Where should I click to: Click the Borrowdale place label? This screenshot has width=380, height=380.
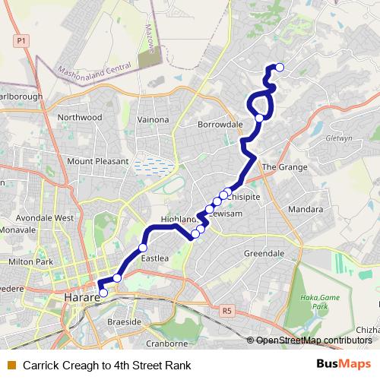coord(220,124)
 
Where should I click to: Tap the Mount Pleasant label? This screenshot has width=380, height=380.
coord(93,161)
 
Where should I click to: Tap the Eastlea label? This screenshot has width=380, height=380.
coord(154,258)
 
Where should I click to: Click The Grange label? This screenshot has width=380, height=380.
coord(284,167)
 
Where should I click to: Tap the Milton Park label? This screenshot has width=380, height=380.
coord(30,261)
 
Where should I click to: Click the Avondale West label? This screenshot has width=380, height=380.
coord(48,217)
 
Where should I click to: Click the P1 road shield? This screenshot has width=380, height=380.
coord(21,40)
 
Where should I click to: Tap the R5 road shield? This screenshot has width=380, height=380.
coord(226,310)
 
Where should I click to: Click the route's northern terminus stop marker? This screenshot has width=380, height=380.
coord(279,68)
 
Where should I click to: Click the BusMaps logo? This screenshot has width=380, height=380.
coord(345,365)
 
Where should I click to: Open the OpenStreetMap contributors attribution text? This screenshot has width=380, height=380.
coord(314,340)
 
